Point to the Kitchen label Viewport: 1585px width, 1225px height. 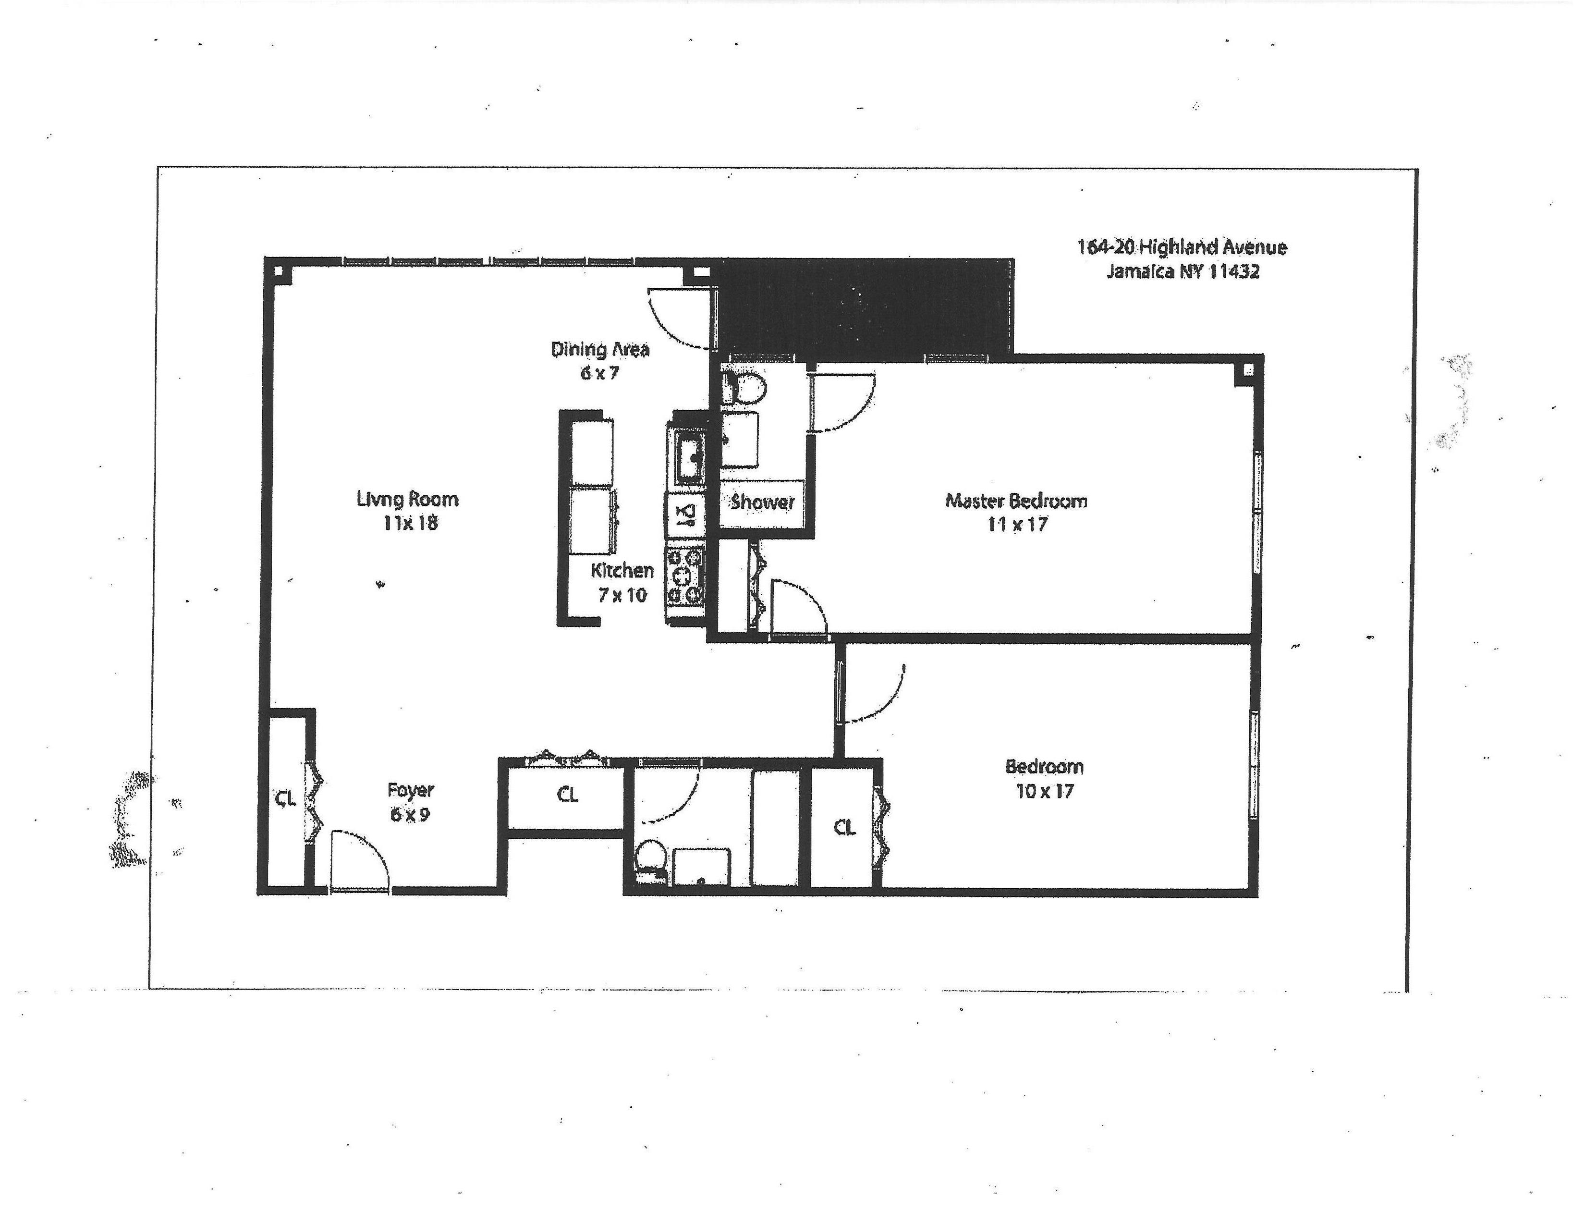622,570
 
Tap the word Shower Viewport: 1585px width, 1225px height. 762,502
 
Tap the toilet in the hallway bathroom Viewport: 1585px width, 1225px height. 649,862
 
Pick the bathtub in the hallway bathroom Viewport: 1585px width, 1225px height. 775,827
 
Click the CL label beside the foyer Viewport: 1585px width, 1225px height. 285,798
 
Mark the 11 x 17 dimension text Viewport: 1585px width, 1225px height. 1017,524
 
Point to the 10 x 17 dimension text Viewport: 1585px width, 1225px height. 1044,791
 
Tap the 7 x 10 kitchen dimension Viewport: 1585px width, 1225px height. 622,595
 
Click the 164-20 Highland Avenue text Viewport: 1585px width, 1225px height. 1182,247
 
